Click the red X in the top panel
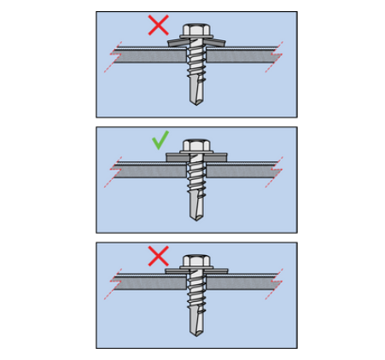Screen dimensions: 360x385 pyautogui.click(x=157, y=25)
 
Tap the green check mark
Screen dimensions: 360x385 pyautogui.click(x=159, y=140)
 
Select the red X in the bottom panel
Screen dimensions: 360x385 pyautogui.click(x=157, y=256)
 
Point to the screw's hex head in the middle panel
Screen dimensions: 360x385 pyautogui.click(x=194, y=147)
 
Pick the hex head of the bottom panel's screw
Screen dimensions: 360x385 pyautogui.click(x=194, y=259)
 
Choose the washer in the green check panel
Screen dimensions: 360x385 pyautogui.click(x=194, y=158)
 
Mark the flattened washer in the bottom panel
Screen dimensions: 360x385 pyautogui.click(x=194, y=270)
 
